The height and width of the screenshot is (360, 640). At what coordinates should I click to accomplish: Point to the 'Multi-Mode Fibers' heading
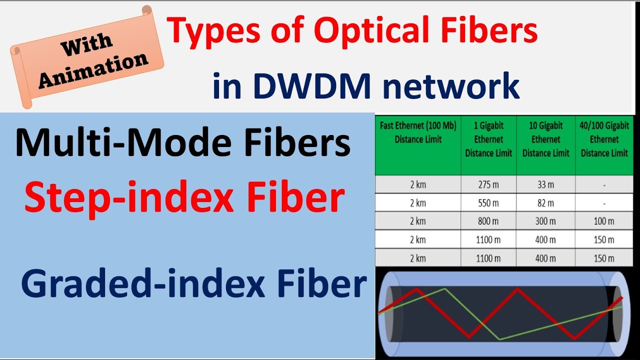pyautogui.click(x=182, y=143)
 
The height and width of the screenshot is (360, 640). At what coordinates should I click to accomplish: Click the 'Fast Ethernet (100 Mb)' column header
pyautogui.click(x=418, y=133)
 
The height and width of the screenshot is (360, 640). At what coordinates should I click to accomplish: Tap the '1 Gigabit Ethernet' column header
pyautogui.click(x=488, y=139)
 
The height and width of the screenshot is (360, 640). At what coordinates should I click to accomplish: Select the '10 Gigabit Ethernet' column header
pyautogui.click(x=545, y=139)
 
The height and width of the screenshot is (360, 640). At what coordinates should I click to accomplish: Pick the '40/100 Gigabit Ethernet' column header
pyautogui.click(x=604, y=139)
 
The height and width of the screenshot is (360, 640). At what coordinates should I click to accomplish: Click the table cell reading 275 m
pyautogui.click(x=488, y=184)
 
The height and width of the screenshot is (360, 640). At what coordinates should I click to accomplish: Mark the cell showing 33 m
pyautogui.click(x=545, y=184)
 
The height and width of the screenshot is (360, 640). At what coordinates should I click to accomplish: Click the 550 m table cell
pyautogui.click(x=488, y=203)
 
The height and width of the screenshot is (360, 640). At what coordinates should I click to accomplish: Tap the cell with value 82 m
pyautogui.click(x=545, y=203)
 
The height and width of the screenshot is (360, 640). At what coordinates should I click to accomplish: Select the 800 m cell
pyautogui.click(x=488, y=221)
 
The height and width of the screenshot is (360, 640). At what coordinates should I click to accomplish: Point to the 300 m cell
pyautogui.click(x=545, y=221)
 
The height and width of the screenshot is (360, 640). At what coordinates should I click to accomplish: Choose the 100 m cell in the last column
pyautogui.click(x=604, y=221)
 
